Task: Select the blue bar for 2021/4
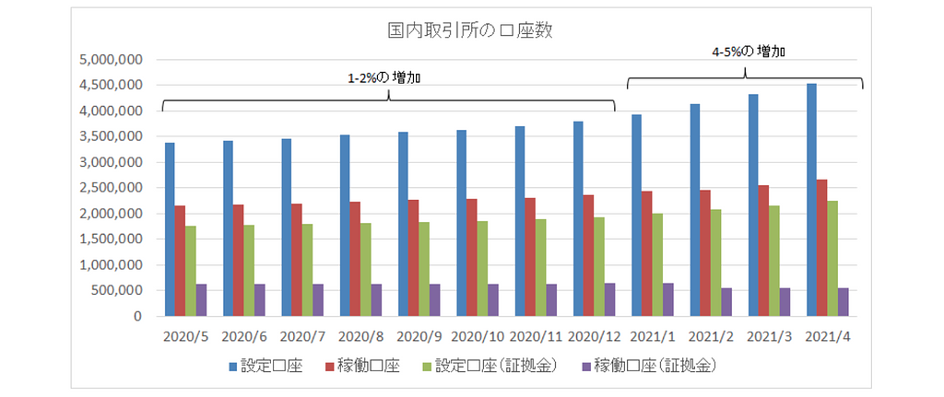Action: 811,200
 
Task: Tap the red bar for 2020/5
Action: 181,261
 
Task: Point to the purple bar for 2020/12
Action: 608,299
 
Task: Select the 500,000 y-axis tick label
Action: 116,291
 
